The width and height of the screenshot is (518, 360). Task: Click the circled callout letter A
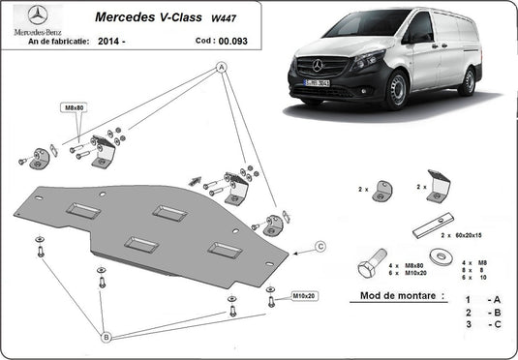pyautogui.click(x=221, y=67)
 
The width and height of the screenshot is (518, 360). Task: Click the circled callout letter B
pyautogui.click(x=106, y=336)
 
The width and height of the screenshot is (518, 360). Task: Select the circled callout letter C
pyautogui.click(x=320, y=248)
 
